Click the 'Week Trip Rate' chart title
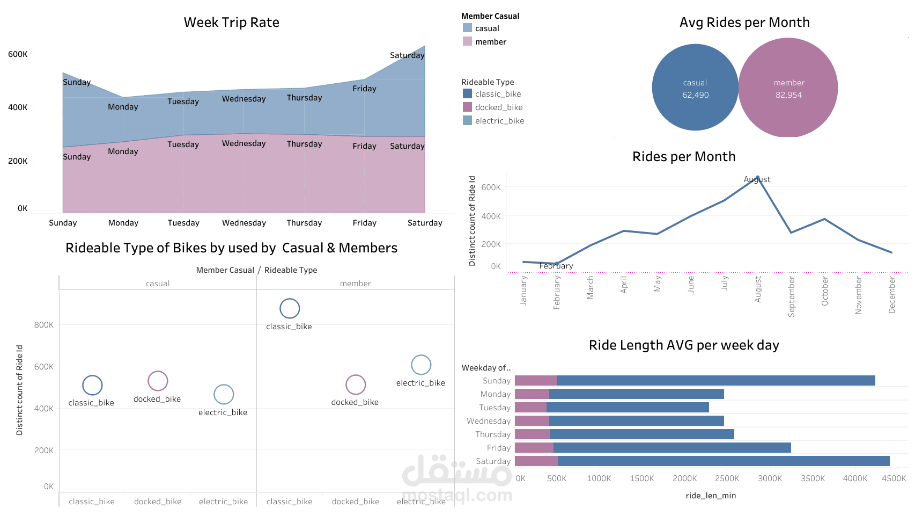point(231,23)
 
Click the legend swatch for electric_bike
point(467,120)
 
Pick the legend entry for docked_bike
point(498,107)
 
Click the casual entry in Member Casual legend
point(486,28)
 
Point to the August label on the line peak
point(757,179)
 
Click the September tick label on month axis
point(791,296)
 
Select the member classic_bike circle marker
point(290,308)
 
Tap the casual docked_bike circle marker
point(158,381)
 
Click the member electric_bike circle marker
point(421,365)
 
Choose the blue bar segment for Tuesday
point(628,408)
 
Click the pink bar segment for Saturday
point(536,461)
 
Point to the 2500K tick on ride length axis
point(727,478)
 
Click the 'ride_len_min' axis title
point(711,496)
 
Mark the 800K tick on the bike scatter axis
point(44,325)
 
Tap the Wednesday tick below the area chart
point(244,223)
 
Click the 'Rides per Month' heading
point(684,157)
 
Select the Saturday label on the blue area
point(407,55)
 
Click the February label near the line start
point(556,266)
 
